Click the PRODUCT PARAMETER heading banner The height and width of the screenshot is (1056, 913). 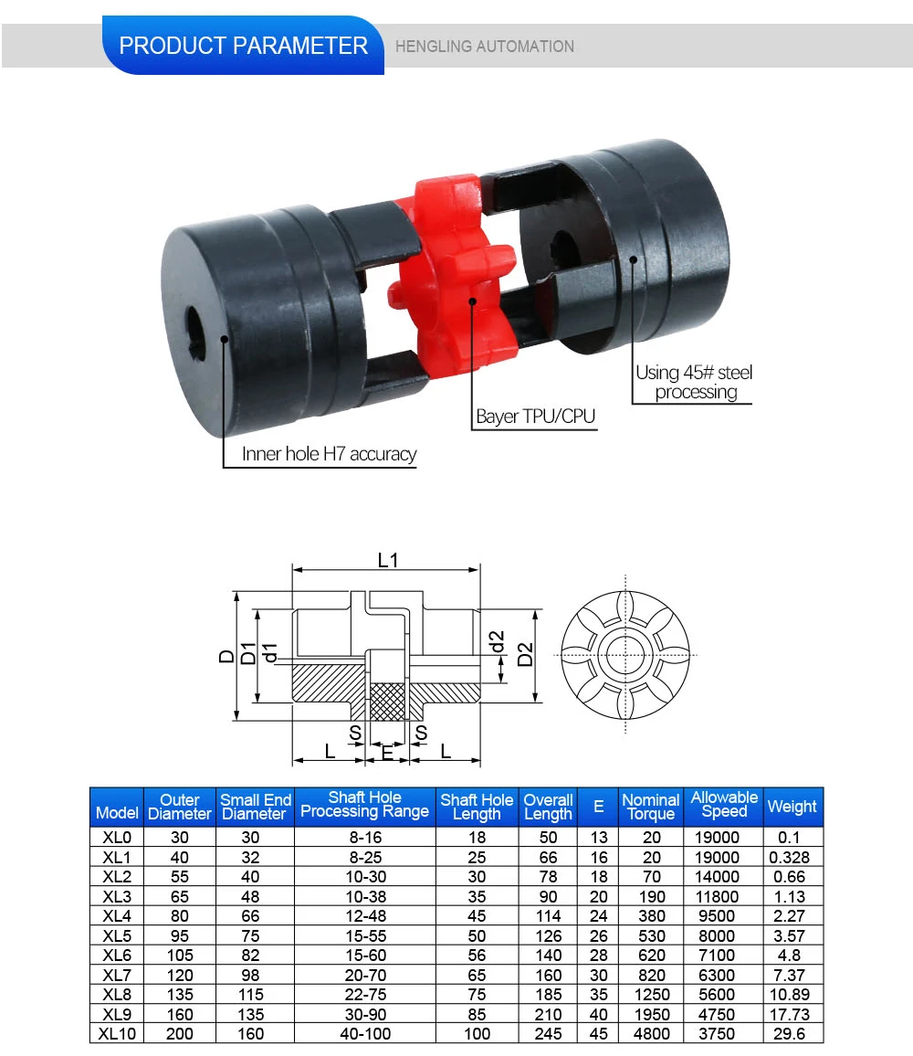243,46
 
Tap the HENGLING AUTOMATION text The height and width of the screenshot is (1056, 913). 484,47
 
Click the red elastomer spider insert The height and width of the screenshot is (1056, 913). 454,274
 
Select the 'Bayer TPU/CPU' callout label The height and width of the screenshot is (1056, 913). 535,417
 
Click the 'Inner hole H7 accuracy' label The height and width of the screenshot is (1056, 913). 329,454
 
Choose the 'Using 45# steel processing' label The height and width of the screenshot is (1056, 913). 695,382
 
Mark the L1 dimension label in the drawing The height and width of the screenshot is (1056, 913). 388,560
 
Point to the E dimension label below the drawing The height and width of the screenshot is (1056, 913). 387,754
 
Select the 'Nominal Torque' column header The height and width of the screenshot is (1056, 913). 651,807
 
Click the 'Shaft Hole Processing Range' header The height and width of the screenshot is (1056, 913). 364,805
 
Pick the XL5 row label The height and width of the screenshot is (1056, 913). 117,935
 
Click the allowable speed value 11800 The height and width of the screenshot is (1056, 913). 723,896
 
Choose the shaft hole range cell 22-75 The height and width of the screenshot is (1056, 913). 364,995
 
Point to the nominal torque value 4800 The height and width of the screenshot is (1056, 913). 651,1034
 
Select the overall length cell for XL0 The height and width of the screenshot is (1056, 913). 548,837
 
